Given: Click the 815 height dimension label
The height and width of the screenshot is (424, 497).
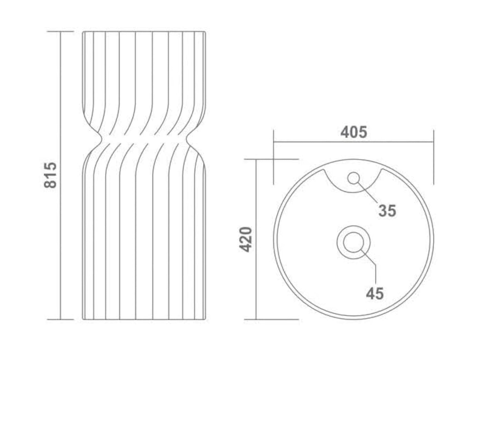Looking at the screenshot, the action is [x=50, y=175].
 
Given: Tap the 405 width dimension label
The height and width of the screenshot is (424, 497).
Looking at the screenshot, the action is [x=354, y=132].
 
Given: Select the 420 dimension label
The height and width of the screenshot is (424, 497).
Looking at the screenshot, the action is [x=245, y=239].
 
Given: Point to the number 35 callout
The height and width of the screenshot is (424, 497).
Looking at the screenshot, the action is [x=387, y=211].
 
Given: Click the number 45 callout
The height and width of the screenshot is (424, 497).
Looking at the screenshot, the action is [x=375, y=293].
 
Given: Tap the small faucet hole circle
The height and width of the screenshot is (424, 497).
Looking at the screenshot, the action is [x=353, y=178].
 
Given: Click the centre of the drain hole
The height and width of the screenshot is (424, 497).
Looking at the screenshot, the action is [x=353, y=242].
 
